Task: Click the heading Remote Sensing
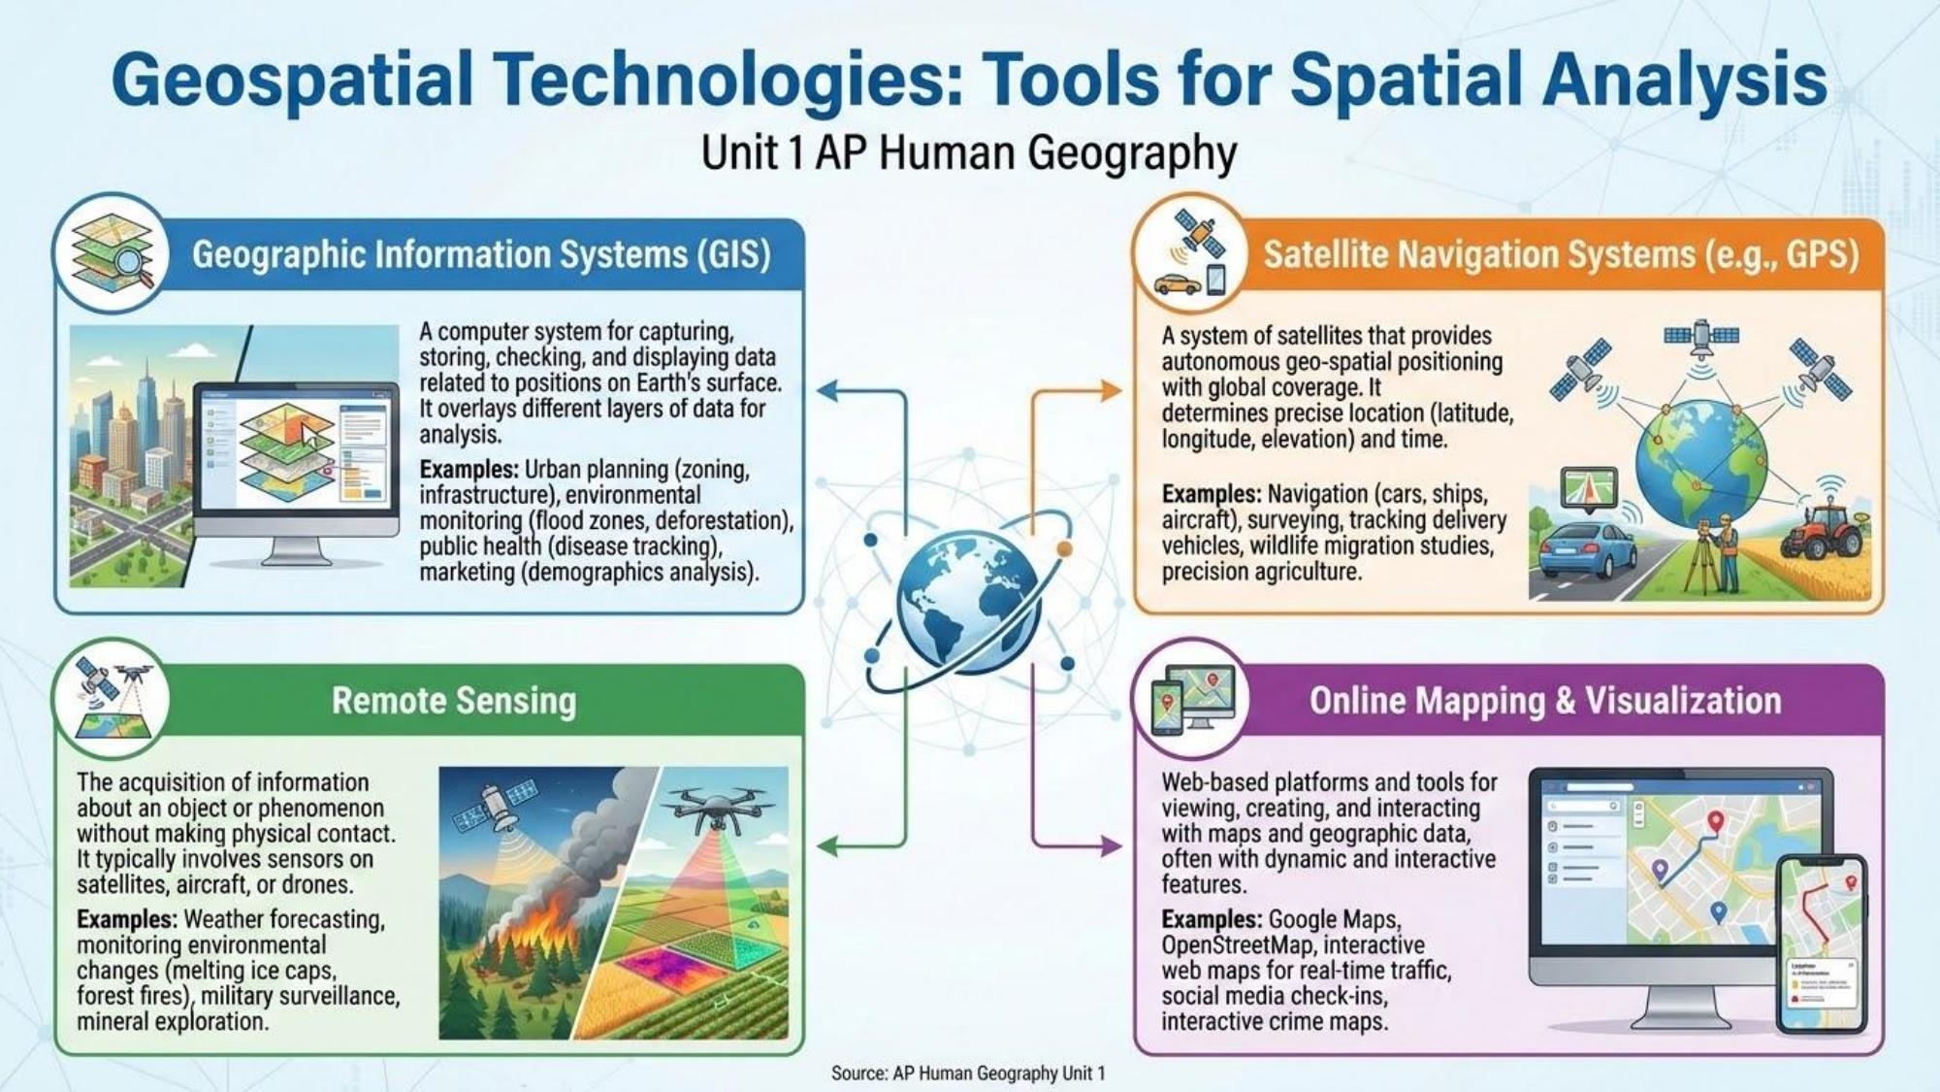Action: coord(454,701)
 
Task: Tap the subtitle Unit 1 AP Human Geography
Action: coord(969,153)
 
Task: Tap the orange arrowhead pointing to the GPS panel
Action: coord(1112,391)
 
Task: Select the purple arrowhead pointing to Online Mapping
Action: coord(1112,846)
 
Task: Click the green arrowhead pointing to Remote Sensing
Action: coord(827,846)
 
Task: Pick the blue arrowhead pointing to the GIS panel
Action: coord(827,391)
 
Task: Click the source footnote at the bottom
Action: coord(968,1073)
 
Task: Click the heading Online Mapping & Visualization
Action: coord(1545,701)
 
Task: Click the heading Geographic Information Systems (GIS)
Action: coord(481,254)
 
